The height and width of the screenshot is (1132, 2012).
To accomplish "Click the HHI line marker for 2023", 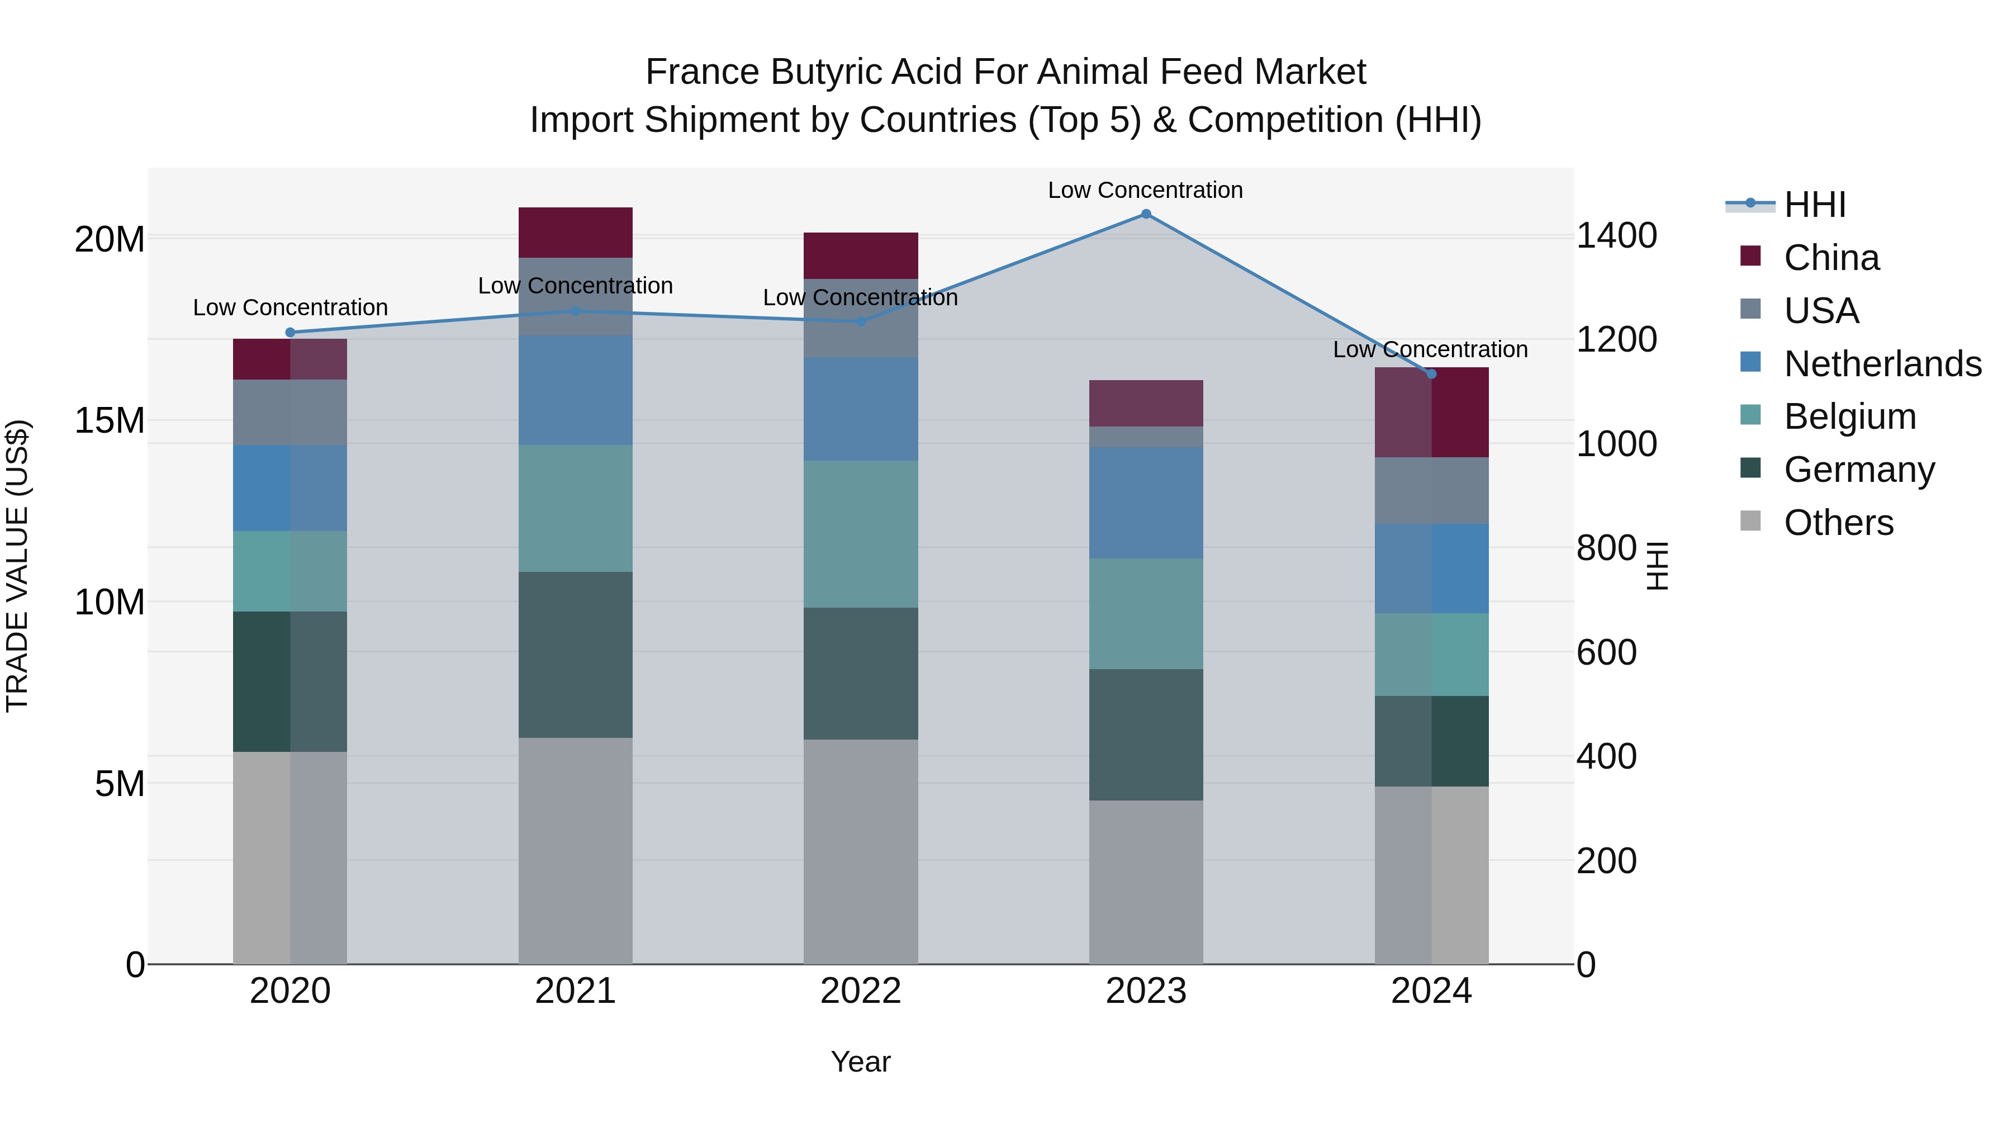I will point(1146,214).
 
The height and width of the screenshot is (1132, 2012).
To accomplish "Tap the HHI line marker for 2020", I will point(291,332).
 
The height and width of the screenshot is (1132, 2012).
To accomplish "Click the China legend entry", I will point(1831,258).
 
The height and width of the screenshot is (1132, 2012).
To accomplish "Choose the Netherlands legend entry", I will point(1882,364).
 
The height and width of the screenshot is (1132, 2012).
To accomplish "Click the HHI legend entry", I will point(1814,205).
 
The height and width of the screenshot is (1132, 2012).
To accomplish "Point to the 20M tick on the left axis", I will point(110,239).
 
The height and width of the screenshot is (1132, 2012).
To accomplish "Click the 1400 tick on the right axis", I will point(1616,236).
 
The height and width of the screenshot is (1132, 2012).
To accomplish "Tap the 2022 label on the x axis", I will point(861,991).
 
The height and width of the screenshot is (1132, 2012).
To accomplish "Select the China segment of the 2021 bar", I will point(576,233).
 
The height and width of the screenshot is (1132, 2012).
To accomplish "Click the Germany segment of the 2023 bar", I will point(1146,735).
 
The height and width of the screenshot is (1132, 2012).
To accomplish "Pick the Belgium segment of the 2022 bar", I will point(861,534).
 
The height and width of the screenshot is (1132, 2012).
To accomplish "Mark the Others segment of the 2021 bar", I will point(576,851).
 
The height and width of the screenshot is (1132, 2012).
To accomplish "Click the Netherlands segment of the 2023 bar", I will point(1146,503).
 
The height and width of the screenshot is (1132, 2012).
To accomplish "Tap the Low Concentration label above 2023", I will point(1145,191).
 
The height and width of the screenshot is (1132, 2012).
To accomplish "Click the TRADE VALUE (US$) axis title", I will point(17,566).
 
